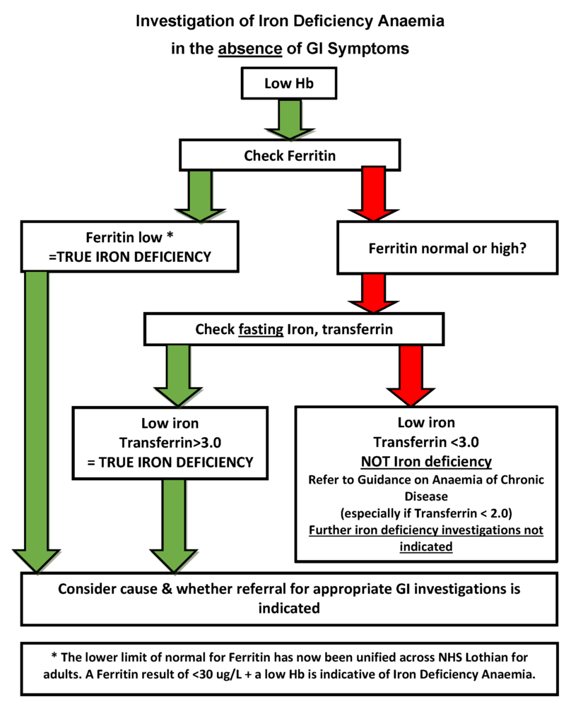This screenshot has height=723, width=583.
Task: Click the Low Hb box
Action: (288, 84)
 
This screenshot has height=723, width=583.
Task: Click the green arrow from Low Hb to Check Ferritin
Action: (288, 118)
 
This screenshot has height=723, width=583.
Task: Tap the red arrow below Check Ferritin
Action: (373, 193)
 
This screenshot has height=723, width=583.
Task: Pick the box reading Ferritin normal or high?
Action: (447, 249)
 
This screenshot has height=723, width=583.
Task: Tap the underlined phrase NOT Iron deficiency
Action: (426, 462)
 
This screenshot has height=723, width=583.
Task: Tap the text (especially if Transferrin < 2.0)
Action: (426, 513)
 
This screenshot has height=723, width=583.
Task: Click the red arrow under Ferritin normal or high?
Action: (373, 292)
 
